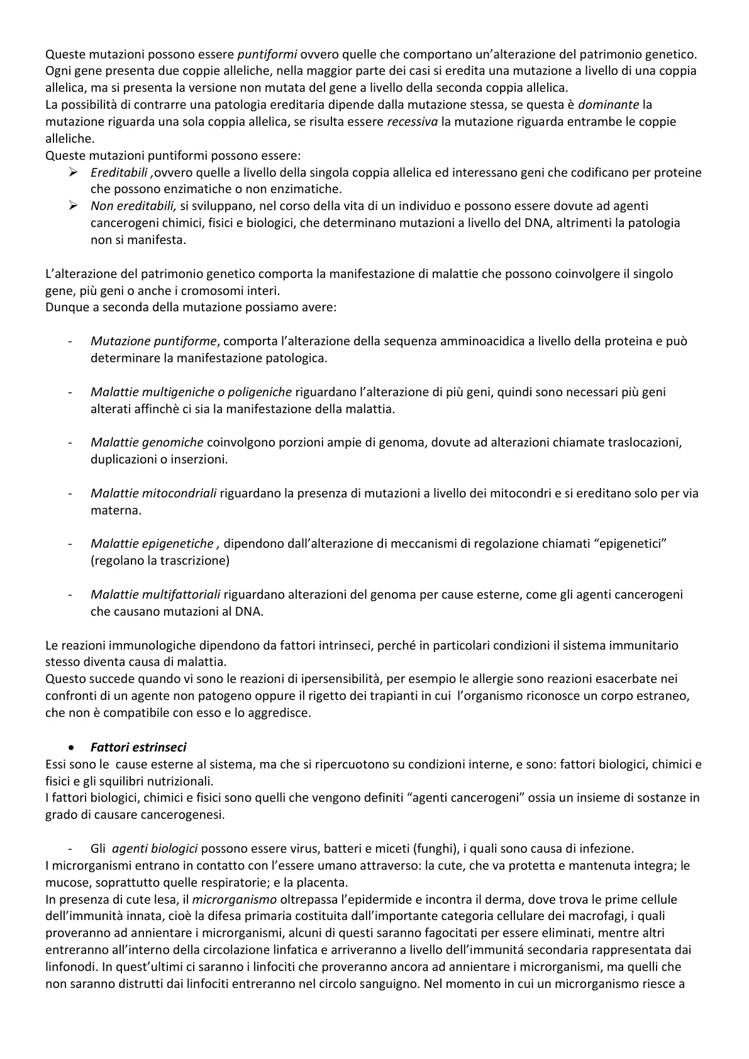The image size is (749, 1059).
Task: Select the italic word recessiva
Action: point(412,121)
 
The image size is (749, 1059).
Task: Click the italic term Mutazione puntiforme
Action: point(153,341)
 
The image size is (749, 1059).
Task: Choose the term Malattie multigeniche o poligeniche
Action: point(191,392)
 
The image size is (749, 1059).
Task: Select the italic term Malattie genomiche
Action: point(147,442)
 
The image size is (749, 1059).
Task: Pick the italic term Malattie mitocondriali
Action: point(153,493)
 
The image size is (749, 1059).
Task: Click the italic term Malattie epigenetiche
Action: point(153,543)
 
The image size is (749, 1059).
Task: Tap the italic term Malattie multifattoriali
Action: point(155,594)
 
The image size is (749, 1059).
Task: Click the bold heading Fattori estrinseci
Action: point(138,747)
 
